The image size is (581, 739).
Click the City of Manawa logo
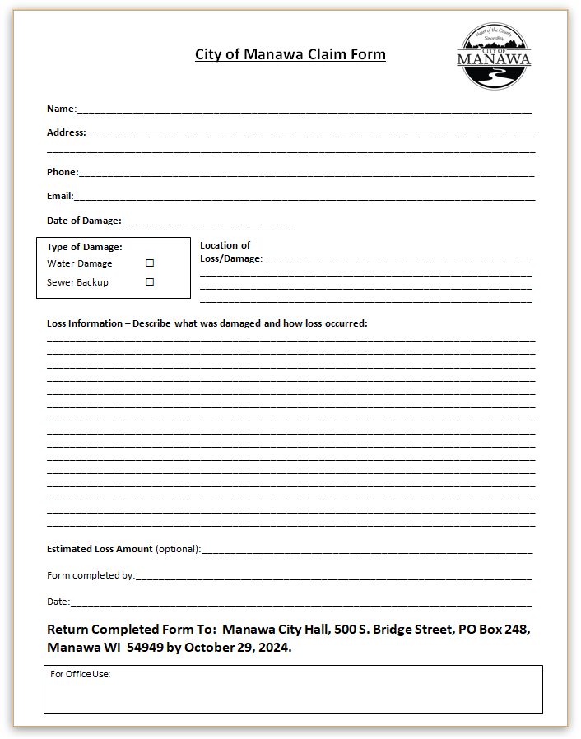pos(494,56)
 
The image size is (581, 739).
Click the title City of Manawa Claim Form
pos(290,55)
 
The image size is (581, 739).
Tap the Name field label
pos(60,109)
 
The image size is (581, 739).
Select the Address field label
pos(66,132)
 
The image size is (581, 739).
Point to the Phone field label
pos(62,172)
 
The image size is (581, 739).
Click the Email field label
pos(59,196)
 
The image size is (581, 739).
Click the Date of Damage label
pos(83,221)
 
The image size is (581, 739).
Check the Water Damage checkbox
pos(150,263)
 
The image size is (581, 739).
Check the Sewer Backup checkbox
pos(150,281)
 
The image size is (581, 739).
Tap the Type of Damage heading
pos(84,247)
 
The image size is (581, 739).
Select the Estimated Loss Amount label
pos(100,549)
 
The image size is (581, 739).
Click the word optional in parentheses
pos(177,549)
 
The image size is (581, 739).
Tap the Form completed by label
pos(91,576)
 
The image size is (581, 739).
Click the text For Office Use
pos(80,675)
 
